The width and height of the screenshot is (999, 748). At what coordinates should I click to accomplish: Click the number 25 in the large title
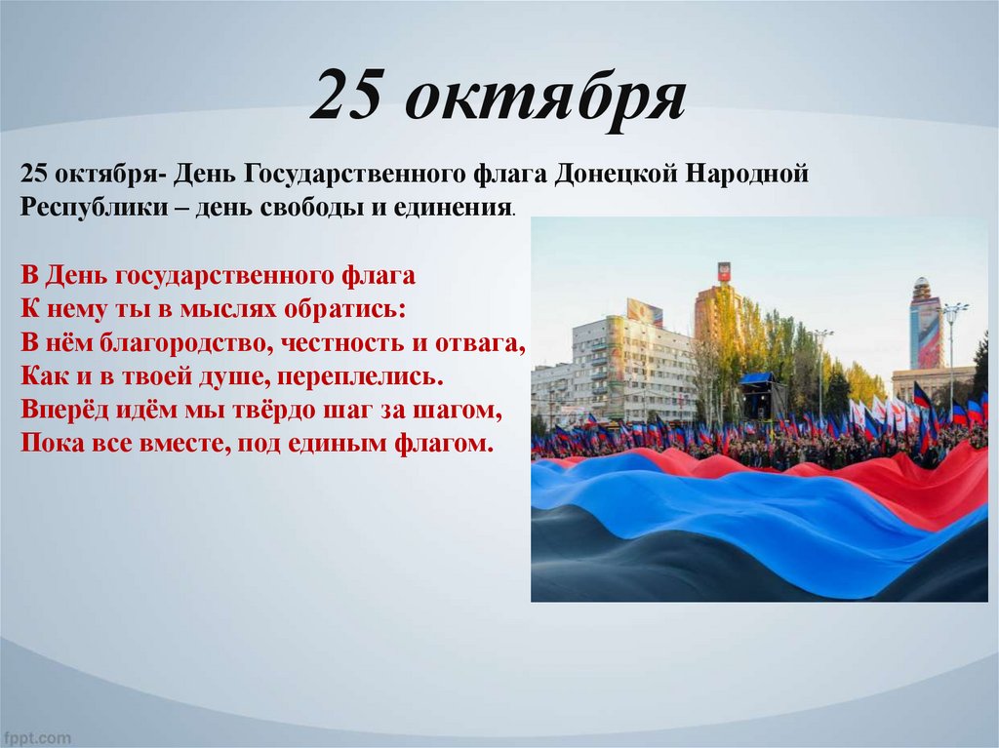(347, 97)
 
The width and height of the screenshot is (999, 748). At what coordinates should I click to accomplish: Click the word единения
(458, 209)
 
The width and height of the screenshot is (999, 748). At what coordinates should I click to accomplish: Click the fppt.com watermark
(36, 737)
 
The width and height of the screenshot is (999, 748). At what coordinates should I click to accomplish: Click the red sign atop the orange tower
(724, 271)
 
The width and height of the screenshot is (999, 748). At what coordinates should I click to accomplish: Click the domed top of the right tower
(922, 289)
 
